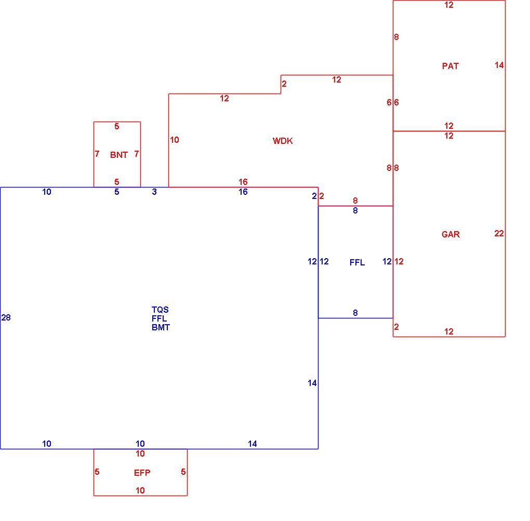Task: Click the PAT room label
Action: pyautogui.click(x=450, y=66)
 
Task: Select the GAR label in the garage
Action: pyautogui.click(x=451, y=234)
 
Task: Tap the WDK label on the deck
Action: pyautogui.click(x=283, y=141)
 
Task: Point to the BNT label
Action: pyautogui.click(x=118, y=155)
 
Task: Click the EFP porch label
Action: pyautogui.click(x=142, y=473)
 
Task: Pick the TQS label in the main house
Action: pyautogui.click(x=160, y=310)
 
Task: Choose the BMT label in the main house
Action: pyautogui.click(x=161, y=327)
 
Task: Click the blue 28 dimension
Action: pyautogui.click(x=6, y=317)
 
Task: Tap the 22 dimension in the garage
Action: pyautogui.click(x=499, y=233)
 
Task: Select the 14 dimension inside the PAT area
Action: pyautogui.click(x=499, y=65)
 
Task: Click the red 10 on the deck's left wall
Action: pyautogui.click(x=175, y=140)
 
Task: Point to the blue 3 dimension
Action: pyautogui.click(x=154, y=192)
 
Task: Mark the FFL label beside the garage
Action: pyautogui.click(x=357, y=262)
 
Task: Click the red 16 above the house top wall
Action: pyautogui.click(x=243, y=182)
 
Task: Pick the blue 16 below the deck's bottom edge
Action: pyautogui.click(x=243, y=192)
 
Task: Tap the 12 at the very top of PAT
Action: pyautogui.click(x=449, y=5)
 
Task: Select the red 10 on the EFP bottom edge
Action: pyautogui.click(x=140, y=490)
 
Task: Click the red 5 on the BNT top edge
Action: pyautogui.click(x=116, y=126)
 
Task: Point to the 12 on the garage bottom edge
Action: pyautogui.click(x=449, y=331)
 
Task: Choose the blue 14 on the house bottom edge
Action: pyautogui.click(x=252, y=444)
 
